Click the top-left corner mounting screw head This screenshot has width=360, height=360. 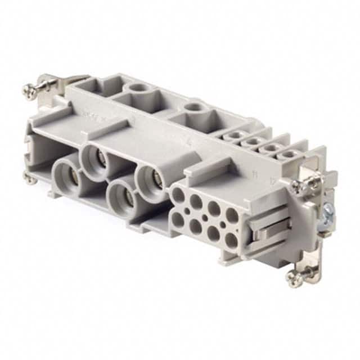pos(28,88)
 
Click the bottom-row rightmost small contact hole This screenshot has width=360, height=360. pos(231,240)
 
